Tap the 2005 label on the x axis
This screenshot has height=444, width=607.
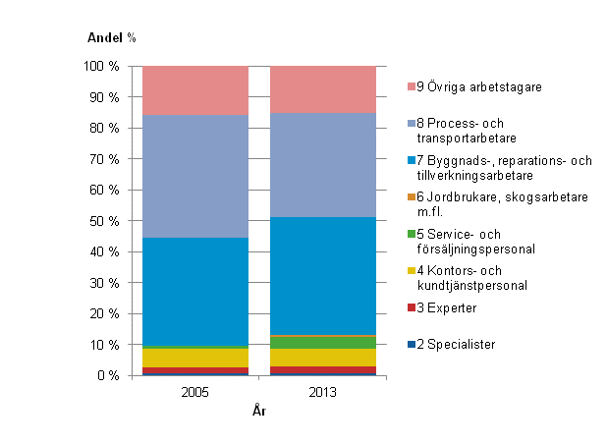pos(195,392)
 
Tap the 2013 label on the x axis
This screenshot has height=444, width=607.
pos(323,392)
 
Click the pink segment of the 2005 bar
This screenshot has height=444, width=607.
pos(195,90)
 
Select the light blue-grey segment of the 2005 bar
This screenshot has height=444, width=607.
pos(195,177)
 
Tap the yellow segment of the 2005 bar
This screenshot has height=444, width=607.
pos(195,358)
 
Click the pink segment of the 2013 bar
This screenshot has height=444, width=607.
pos(323,89)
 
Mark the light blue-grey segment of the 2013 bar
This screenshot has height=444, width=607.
pos(323,165)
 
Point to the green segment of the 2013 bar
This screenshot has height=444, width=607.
pos(323,342)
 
